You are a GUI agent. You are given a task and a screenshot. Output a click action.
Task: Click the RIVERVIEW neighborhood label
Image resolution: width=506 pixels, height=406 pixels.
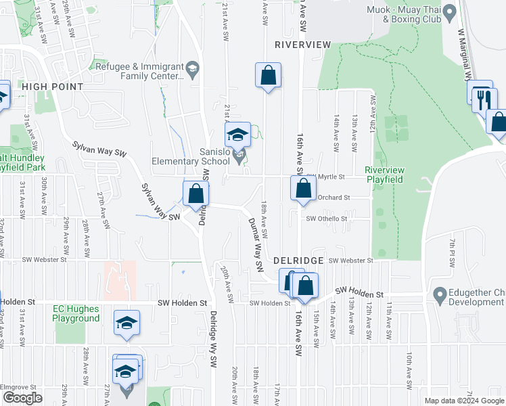point(303,44)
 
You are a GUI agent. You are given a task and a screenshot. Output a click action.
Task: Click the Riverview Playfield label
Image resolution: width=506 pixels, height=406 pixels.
point(384,175)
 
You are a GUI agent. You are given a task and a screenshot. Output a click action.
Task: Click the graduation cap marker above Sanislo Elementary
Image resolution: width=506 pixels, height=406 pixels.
point(237,135)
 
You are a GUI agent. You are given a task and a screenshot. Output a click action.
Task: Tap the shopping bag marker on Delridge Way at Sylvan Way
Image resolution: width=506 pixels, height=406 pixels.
point(195,194)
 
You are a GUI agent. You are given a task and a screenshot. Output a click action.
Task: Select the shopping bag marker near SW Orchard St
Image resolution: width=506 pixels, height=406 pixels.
point(303,187)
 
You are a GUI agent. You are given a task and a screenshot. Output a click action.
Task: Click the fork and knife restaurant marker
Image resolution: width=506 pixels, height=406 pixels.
point(483,100)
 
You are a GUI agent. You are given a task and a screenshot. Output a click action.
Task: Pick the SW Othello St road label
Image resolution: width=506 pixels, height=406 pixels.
point(326,219)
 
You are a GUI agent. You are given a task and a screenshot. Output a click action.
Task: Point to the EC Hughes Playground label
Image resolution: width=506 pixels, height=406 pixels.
point(76,313)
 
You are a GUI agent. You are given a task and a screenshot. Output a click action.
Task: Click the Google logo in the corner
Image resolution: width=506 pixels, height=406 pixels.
point(22,398)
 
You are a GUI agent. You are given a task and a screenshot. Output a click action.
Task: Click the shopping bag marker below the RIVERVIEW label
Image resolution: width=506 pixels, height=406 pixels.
point(268,76)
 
